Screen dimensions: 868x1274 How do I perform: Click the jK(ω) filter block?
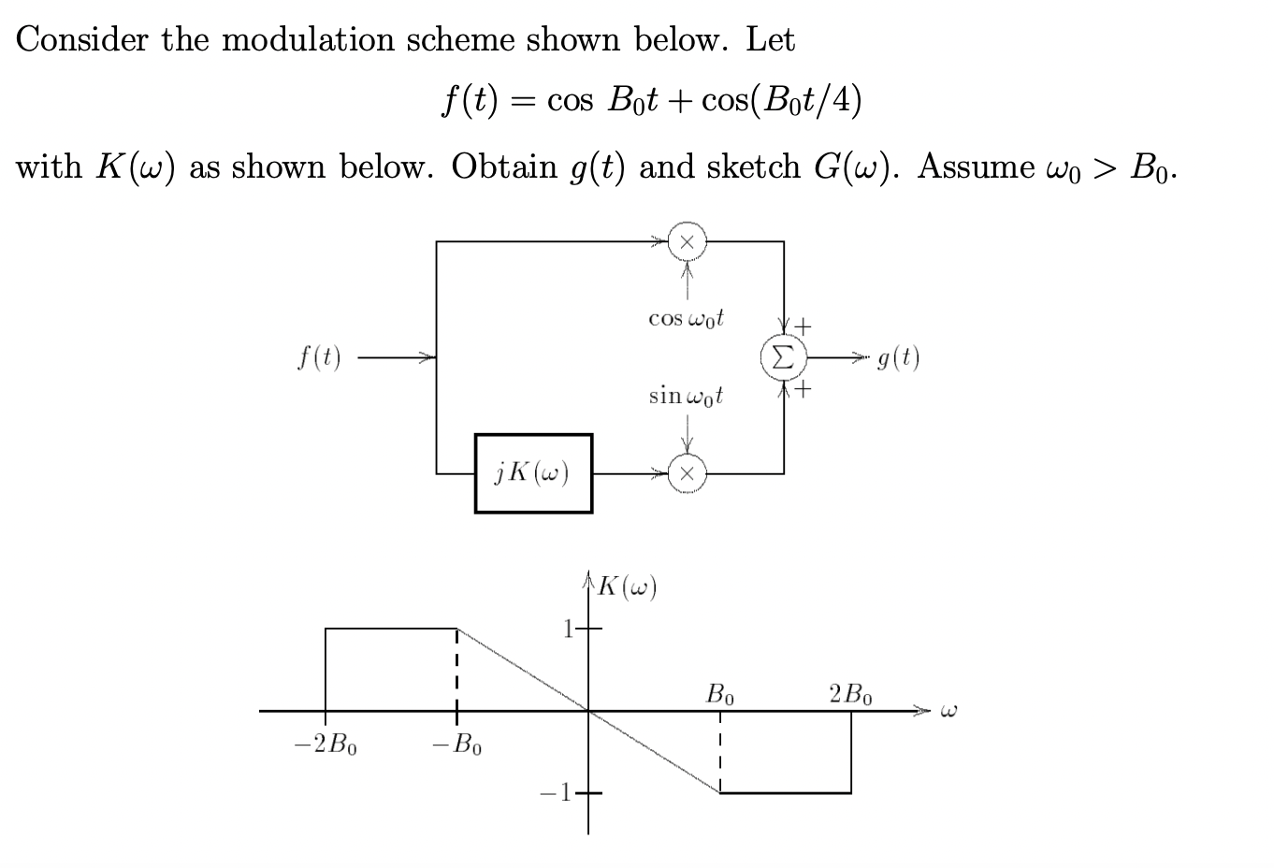pos(533,473)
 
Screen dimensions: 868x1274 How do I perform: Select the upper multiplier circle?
pos(688,241)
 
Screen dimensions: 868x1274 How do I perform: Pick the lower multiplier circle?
pos(688,473)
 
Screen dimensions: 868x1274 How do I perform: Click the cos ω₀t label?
pos(687,319)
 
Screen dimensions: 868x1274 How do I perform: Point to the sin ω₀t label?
pos(687,396)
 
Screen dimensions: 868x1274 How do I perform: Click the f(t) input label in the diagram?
pos(319,357)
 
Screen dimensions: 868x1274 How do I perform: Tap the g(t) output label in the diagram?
pos(899,357)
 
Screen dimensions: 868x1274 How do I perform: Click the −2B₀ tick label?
pos(326,745)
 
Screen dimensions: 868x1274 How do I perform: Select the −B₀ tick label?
pos(456,745)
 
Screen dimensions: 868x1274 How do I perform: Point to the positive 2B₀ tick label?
pos(850,695)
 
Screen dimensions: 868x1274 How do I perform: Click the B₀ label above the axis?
pos(720,695)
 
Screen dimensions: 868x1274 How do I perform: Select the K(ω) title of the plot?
pos(626,587)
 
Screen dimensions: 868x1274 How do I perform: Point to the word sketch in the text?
pos(754,166)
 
